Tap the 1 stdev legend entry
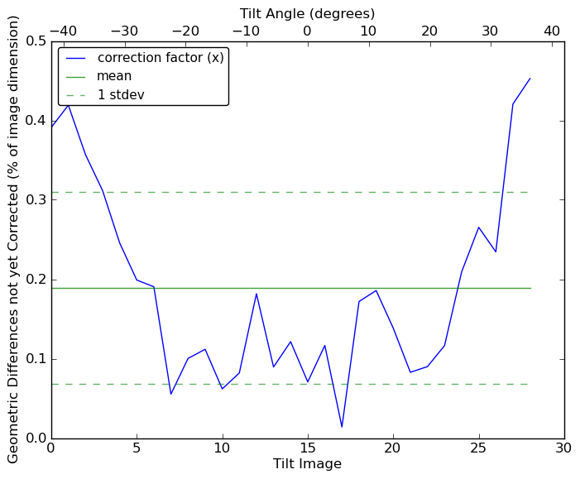(121, 94)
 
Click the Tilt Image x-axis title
(307, 464)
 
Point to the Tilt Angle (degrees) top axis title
(307, 13)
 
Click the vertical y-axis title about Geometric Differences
(14, 240)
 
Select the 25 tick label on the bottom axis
(478, 448)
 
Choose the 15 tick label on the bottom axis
(307, 448)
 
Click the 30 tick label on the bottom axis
(564, 448)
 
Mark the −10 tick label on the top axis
(246, 31)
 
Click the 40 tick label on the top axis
(552, 31)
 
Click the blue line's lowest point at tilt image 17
(342, 427)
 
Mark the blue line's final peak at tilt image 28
(530, 79)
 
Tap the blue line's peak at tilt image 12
(256, 294)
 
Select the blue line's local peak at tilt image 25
(478, 227)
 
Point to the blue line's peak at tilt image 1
(68, 104)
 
